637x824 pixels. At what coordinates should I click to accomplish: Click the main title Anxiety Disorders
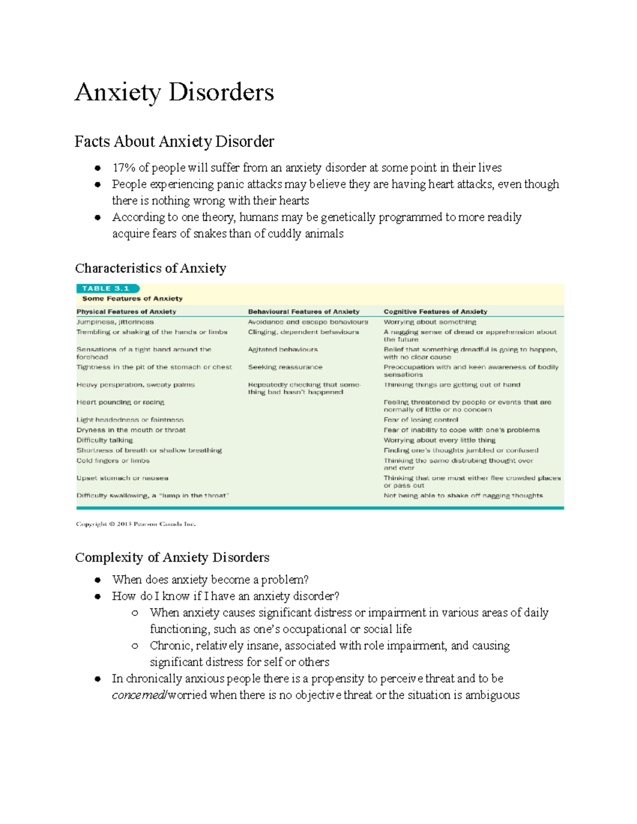[174, 92]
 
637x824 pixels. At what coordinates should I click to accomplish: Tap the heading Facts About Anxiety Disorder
[174, 142]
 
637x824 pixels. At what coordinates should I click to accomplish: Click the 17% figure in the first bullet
[124, 168]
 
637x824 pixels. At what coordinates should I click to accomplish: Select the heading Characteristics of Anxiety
[150, 268]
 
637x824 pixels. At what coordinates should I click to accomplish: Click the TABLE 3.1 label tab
[106, 289]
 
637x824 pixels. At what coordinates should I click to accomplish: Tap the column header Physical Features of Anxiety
[126, 311]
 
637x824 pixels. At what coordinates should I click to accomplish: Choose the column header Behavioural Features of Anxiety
[304, 311]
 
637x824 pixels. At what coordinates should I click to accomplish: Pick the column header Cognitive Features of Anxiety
[435, 311]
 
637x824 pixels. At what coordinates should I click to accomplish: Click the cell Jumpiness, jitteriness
[115, 322]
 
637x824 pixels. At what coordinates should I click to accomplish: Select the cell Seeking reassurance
[285, 367]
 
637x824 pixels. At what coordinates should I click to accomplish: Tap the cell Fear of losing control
[420, 420]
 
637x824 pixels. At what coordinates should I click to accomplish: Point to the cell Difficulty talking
[105, 440]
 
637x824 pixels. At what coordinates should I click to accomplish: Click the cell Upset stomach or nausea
[122, 478]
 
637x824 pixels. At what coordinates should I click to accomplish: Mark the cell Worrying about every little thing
[440, 440]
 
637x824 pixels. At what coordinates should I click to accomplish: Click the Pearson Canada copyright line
[136, 524]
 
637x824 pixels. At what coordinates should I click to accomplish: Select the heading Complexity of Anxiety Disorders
[172, 557]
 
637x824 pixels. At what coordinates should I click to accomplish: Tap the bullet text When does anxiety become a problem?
[210, 579]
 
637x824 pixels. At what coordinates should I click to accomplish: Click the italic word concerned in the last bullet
[138, 695]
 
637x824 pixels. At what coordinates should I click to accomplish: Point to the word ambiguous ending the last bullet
[492, 695]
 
